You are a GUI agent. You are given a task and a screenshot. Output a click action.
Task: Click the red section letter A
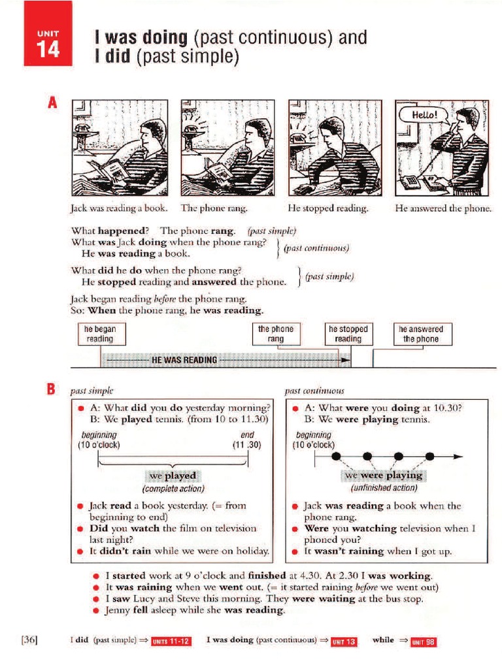point(52,103)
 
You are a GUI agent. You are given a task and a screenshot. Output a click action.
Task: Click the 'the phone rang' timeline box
point(276,334)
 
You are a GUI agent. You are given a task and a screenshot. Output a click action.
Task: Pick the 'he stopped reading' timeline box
point(348,334)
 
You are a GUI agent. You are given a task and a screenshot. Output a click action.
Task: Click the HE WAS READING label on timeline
point(184,360)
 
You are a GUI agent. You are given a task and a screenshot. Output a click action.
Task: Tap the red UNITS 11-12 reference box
point(171,642)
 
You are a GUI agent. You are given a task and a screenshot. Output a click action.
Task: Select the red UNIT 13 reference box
point(344,642)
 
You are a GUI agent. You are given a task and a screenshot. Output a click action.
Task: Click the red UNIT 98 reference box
point(423,642)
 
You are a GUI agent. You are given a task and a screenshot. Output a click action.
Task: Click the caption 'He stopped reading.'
point(328,208)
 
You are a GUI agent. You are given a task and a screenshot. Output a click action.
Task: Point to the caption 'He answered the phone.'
point(443,208)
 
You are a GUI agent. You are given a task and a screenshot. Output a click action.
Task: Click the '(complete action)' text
point(173,489)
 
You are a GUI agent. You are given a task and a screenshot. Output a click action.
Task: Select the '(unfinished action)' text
point(384,488)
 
